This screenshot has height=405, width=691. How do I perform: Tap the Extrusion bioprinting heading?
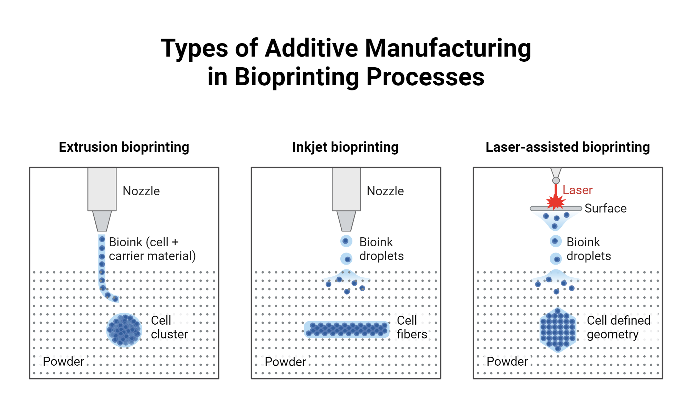tap(124, 147)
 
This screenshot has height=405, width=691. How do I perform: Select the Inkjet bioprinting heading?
tap(345, 147)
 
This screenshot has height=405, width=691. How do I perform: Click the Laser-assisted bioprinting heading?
tap(567, 147)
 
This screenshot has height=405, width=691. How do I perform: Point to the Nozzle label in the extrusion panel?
tap(141, 191)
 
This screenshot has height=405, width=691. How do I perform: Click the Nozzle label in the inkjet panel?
tap(385, 191)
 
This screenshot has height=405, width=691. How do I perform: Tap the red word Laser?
tap(577, 190)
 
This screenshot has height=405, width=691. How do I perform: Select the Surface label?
tap(605, 208)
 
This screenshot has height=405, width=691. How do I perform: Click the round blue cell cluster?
tap(124, 330)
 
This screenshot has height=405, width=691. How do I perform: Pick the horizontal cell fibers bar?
tap(347, 329)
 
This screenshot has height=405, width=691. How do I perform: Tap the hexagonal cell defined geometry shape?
tap(558, 330)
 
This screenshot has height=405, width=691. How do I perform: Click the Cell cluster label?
tap(169, 327)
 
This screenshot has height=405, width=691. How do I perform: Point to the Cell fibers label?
tap(411, 327)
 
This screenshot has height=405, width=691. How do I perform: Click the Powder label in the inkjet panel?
tap(285, 362)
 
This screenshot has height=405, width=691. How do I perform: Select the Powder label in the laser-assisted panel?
tap(507, 362)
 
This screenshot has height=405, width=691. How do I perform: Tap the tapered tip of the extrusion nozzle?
tap(102, 221)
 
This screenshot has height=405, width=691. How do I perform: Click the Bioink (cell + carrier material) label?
tap(152, 249)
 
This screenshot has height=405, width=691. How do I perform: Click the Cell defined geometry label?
tap(618, 327)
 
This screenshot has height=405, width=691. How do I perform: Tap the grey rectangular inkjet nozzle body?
tap(346, 189)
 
